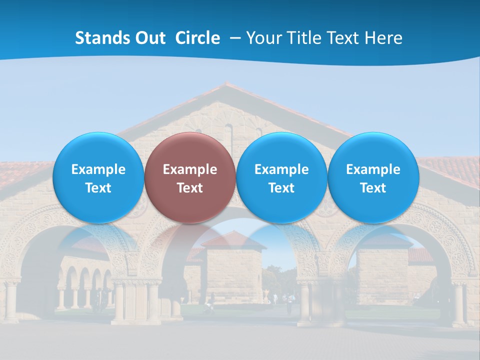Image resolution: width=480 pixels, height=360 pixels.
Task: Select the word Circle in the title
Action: [x=197, y=38]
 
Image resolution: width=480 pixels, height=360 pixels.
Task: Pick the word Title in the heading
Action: [x=301, y=38]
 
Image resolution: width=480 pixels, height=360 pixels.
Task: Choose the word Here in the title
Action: [x=383, y=38]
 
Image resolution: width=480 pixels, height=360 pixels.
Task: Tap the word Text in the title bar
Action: [x=342, y=38]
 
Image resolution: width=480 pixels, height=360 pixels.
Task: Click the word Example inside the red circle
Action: [x=190, y=170]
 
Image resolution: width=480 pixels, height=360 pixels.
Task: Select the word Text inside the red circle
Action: [x=190, y=188]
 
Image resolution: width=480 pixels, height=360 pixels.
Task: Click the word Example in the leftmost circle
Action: [x=98, y=170]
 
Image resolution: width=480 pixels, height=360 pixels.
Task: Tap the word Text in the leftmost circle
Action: [x=98, y=188]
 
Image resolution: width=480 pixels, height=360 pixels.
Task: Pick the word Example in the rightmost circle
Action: [x=373, y=170]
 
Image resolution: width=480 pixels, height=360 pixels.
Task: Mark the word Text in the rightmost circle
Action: [x=373, y=188]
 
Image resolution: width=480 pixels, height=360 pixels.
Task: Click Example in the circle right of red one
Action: [x=281, y=170]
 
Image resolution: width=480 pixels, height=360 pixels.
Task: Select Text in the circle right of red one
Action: [x=281, y=188]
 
